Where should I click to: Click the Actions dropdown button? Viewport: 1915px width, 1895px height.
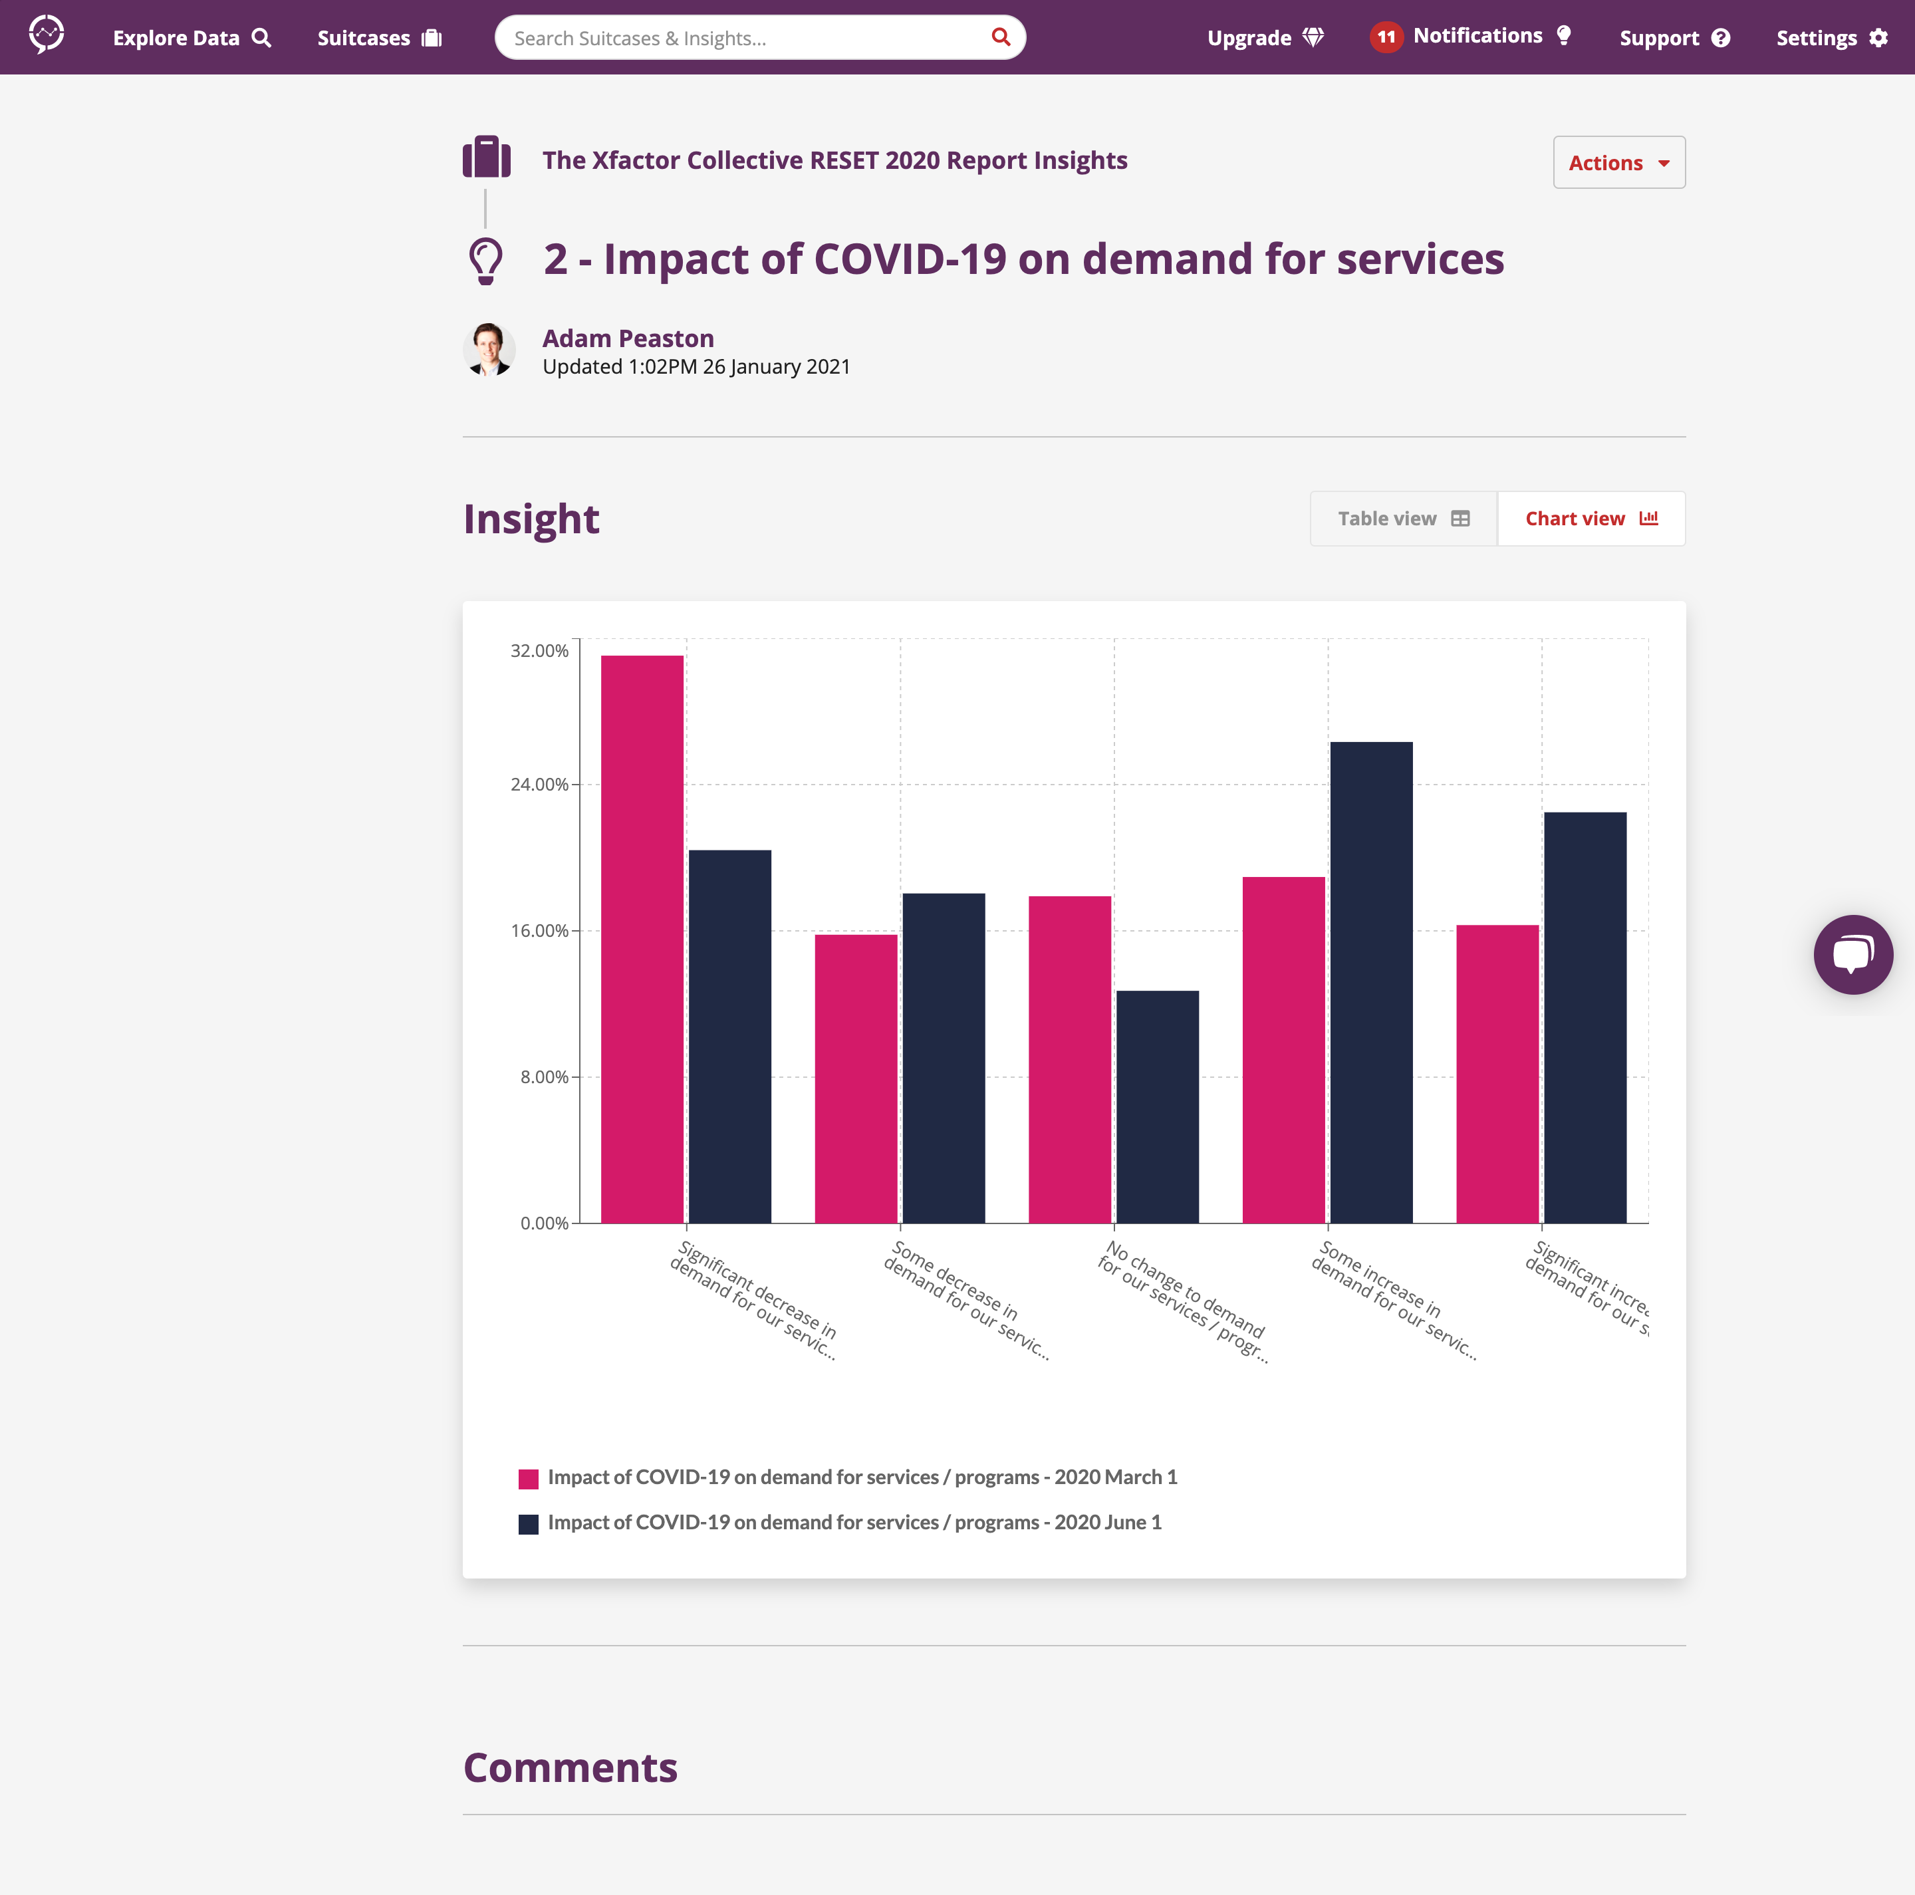1618,162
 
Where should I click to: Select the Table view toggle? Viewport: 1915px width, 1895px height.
1402,519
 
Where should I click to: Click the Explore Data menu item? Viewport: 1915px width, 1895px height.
191,38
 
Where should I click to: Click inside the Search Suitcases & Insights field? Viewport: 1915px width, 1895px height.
743,38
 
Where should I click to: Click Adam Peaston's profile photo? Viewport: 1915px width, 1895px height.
489,349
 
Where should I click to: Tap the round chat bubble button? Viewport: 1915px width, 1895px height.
1852,953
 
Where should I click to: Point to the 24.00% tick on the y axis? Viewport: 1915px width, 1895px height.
539,784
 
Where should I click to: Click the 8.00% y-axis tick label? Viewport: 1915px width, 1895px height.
544,1076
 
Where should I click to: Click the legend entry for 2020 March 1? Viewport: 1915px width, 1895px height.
848,1477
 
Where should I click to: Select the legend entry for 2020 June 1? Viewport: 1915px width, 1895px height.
840,1523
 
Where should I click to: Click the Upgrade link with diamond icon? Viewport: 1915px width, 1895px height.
1264,38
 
